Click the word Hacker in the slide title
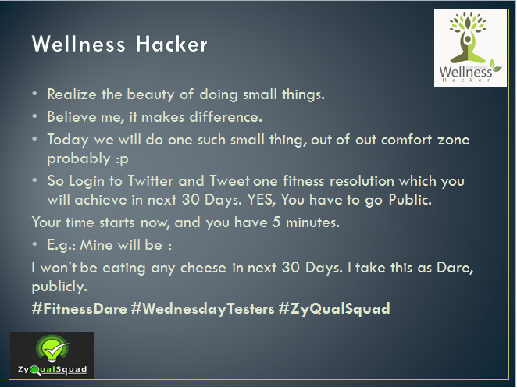click(x=172, y=44)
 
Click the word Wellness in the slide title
click(x=78, y=44)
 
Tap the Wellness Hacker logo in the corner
click(x=470, y=48)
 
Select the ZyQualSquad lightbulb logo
click(x=52, y=355)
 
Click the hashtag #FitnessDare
click(x=79, y=309)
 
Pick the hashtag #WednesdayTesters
click(x=202, y=309)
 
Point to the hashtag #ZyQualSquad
click(x=334, y=309)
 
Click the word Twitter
click(x=151, y=181)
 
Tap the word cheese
click(x=203, y=268)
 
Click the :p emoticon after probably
click(x=122, y=159)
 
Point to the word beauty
click(x=151, y=95)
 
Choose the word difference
click(x=226, y=117)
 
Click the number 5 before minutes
click(x=276, y=222)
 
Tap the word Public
click(x=410, y=199)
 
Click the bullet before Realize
click(x=34, y=94)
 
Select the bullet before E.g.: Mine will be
click(x=34, y=244)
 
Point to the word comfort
click(x=406, y=140)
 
